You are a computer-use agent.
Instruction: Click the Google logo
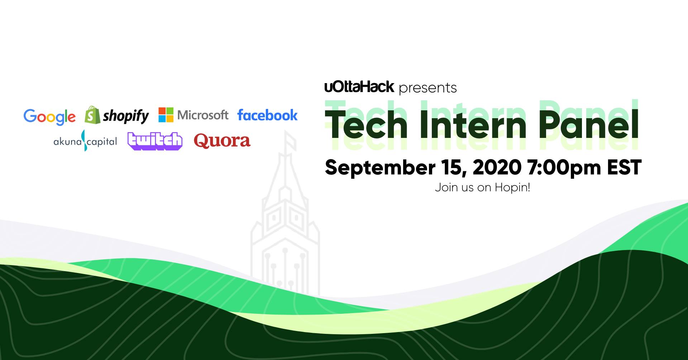pos(49,116)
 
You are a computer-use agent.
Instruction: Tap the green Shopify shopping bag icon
pos(92,115)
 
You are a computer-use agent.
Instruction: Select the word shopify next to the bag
pos(126,116)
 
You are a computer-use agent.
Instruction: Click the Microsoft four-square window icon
pos(166,115)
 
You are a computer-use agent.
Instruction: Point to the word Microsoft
pos(203,115)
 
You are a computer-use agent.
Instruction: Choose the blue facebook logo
pos(267,115)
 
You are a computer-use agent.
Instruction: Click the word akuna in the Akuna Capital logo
pos(67,142)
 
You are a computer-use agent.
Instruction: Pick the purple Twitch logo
pos(155,141)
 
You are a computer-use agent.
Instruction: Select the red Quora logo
pos(222,141)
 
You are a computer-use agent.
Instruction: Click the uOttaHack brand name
pos(359,87)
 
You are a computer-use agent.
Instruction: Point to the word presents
pos(427,88)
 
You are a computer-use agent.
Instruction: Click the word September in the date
pos(380,168)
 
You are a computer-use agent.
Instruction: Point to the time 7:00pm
pos(564,168)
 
